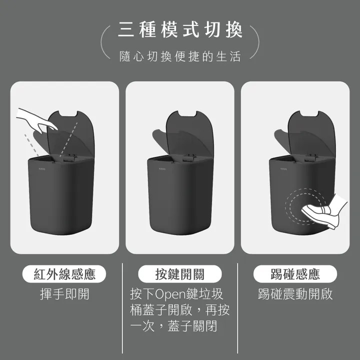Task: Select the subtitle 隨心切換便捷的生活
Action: tap(180, 56)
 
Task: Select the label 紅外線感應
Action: tap(64, 274)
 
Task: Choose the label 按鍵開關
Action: tap(180, 274)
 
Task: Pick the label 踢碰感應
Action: tap(295, 274)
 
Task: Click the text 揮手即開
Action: tap(64, 294)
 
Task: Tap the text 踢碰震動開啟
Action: tap(295, 294)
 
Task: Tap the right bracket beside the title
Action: tap(256, 42)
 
